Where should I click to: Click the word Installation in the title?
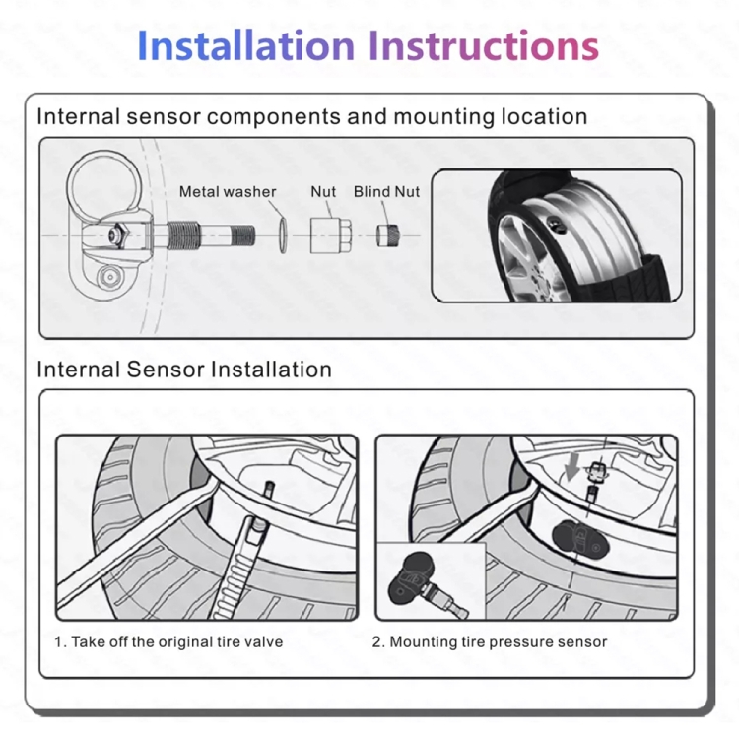[246, 45]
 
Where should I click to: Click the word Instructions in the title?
[483, 45]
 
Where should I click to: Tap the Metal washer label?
[228, 192]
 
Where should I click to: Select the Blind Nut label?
[386, 192]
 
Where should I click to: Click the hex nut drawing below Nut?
[325, 235]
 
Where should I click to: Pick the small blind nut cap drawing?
[385, 235]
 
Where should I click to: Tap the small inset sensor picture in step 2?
[430, 582]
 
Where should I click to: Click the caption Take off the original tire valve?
[168, 641]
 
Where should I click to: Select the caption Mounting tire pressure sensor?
[489, 641]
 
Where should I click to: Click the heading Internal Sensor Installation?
[184, 369]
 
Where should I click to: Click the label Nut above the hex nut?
[323, 192]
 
